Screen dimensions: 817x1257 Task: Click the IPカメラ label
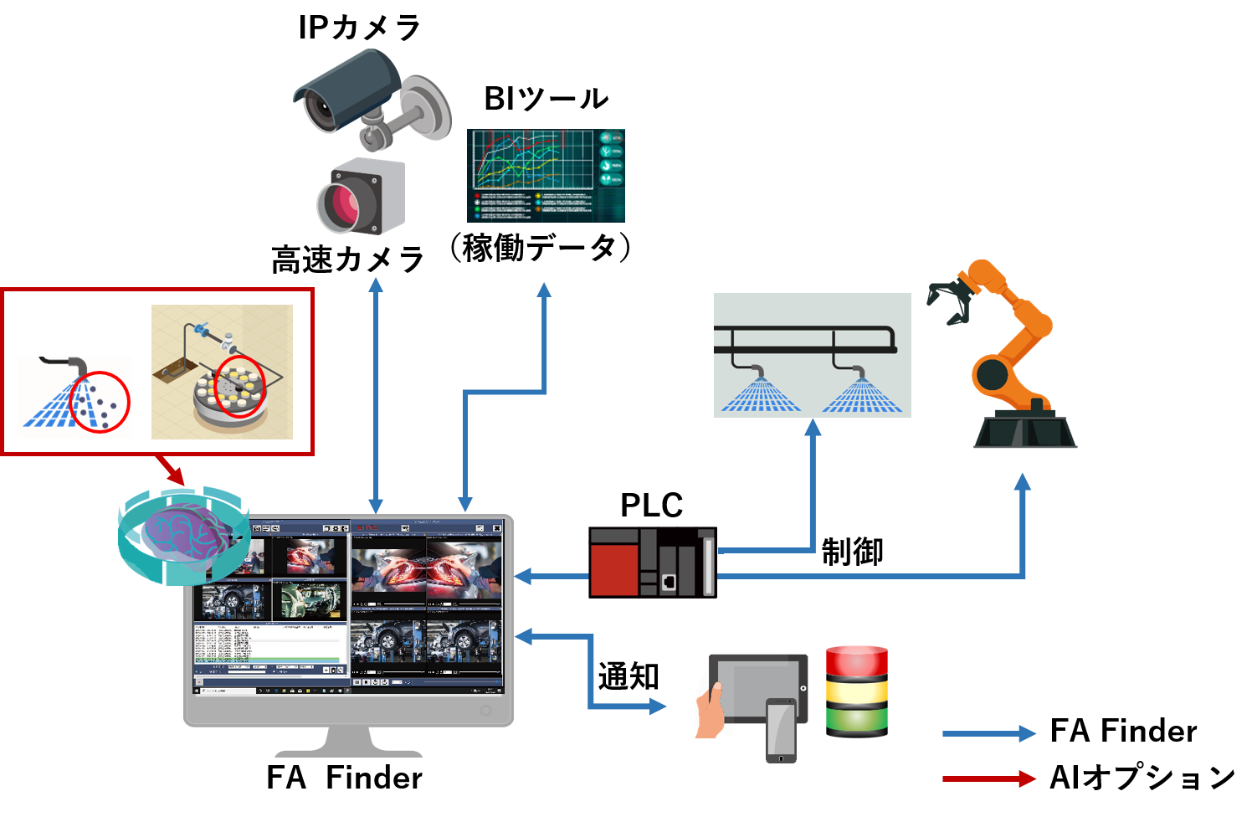click(x=359, y=28)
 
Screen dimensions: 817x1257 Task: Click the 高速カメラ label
click(x=347, y=259)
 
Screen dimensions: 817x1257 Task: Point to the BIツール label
click(x=546, y=99)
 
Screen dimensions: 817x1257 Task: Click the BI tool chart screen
click(x=546, y=175)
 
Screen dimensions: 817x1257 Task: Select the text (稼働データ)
click(x=540, y=248)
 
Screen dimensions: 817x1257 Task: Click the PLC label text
click(x=651, y=505)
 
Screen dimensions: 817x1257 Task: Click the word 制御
click(x=852, y=552)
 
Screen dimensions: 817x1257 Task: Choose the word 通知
click(x=628, y=676)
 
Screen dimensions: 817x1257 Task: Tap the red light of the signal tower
click(x=856, y=661)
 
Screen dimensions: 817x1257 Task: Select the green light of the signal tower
click(x=856, y=721)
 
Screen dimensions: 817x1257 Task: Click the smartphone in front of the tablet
click(x=781, y=729)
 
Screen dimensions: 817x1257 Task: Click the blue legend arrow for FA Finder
click(x=988, y=734)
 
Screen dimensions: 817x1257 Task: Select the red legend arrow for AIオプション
click(x=988, y=778)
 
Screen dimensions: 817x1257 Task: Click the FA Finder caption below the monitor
click(x=344, y=778)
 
